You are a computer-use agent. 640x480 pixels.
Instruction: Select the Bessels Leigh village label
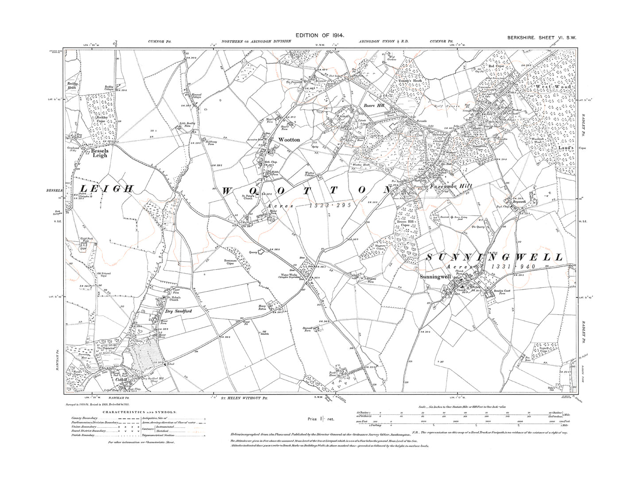click(x=100, y=153)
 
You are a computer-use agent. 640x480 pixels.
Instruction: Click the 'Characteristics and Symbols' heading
click(x=140, y=411)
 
